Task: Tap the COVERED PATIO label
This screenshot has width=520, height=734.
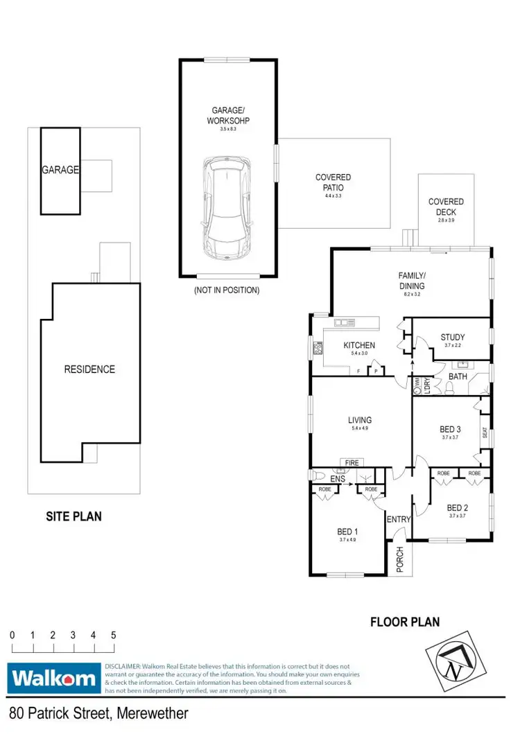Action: (x=333, y=183)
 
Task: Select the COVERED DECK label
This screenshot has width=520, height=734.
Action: (x=446, y=207)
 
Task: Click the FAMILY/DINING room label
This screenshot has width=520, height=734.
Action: (x=412, y=280)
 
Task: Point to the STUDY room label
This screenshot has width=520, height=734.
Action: (x=452, y=338)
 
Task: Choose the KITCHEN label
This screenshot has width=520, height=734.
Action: (x=359, y=345)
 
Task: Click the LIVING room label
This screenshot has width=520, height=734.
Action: (x=360, y=420)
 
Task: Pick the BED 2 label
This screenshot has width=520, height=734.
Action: (x=458, y=507)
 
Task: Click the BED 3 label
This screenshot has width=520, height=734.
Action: (x=450, y=429)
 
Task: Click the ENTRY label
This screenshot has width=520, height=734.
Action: (x=399, y=519)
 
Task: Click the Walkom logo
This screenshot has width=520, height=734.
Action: (x=53, y=677)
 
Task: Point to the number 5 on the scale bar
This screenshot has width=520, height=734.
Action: (x=113, y=635)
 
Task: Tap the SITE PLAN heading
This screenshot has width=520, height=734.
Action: (x=73, y=516)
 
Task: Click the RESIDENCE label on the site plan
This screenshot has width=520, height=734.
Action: (x=89, y=369)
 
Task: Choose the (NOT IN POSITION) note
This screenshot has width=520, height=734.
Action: (x=226, y=290)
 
